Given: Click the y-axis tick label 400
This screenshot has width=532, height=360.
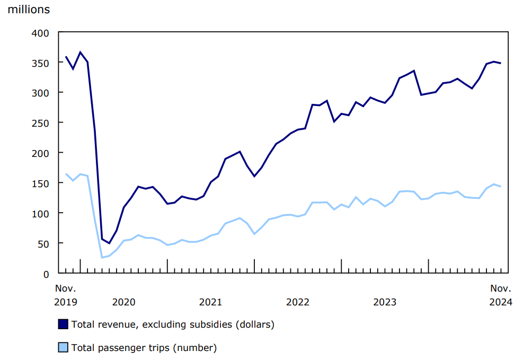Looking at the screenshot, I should point(42,33).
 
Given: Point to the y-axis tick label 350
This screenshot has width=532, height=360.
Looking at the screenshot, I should point(42,63).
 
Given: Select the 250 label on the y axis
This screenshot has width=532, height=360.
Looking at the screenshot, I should point(42,123).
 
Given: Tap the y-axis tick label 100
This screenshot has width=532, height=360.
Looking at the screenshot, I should point(42,213).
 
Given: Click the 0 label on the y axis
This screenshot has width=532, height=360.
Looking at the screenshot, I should point(46,274).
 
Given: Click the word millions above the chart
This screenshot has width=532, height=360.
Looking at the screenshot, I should point(29,10).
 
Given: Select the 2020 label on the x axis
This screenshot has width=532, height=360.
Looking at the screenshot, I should point(123,302).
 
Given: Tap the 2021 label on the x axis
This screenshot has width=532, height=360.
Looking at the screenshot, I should point(210,302).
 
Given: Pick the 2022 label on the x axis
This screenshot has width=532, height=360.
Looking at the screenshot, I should point(297,302).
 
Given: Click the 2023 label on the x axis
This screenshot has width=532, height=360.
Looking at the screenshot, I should point(385,302).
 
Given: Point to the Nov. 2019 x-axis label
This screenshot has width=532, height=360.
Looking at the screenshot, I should point(66,295).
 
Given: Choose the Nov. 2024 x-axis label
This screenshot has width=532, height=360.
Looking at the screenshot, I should point(500,295).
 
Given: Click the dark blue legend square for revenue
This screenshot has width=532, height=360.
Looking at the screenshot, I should point(63,324).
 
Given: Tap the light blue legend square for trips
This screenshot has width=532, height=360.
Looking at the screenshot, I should point(63,348).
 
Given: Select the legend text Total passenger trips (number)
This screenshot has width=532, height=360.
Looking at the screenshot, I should point(144,348).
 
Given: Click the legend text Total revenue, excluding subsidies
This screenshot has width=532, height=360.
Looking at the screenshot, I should point(173,324).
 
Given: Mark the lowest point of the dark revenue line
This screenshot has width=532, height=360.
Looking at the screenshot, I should point(109,243).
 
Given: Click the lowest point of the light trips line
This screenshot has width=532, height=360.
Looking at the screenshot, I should point(102,258).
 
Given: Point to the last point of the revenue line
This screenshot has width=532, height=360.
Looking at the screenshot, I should point(500,63).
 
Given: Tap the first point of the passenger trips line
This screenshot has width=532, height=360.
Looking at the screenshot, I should point(66,174).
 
